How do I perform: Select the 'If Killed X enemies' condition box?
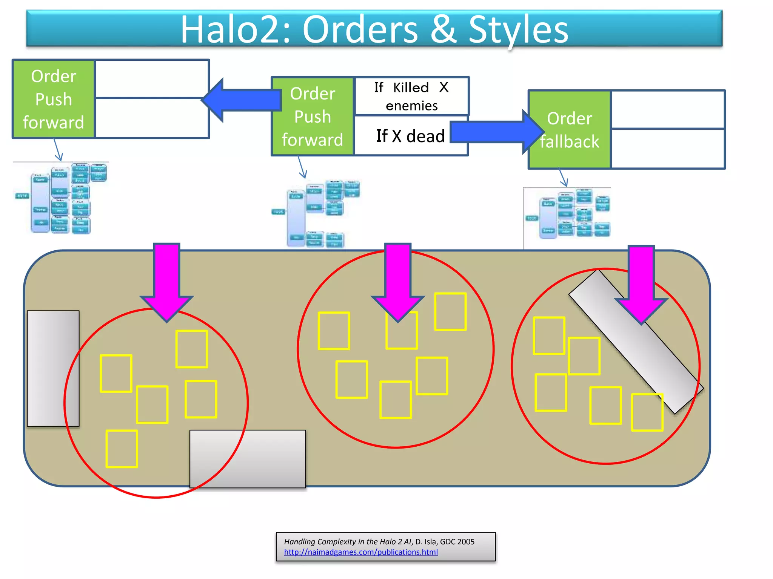pos(411,96)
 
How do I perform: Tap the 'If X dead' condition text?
pos(410,136)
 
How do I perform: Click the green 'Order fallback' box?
pos(569,130)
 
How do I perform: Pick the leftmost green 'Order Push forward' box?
pos(54,99)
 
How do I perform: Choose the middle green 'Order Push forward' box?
pos(313,116)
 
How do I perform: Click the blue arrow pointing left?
pos(242,100)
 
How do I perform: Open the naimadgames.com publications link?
pos(361,552)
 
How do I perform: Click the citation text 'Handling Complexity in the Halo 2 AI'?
pos(347,542)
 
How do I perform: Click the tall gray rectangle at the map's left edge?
pos(53,368)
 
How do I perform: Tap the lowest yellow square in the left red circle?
pos(122,449)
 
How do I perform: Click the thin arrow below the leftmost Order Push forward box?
pos(58,150)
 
